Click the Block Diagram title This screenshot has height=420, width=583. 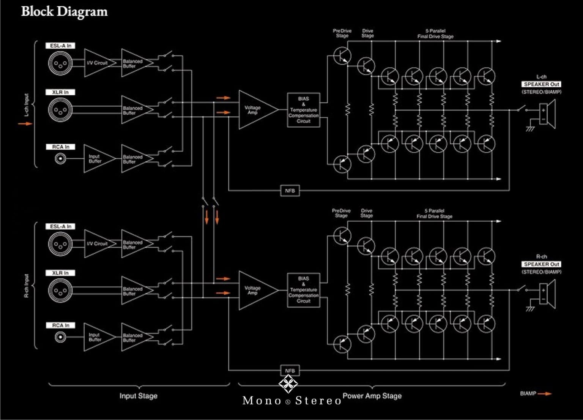(x=64, y=11)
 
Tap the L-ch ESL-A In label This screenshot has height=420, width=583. (x=61, y=46)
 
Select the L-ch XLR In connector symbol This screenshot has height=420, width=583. (x=60, y=110)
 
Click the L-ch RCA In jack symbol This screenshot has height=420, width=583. (x=60, y=158)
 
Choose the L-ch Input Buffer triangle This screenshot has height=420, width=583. (x=96, y=158)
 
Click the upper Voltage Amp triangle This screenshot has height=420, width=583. (x=255, y=110)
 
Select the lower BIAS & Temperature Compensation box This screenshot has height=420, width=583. (x=304, y=290)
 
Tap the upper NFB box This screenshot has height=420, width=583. (x=290, y=191)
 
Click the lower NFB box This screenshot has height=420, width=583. (x=290, y=371)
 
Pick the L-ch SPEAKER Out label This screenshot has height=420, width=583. (x=541, y=84)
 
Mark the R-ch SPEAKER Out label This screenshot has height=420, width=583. (x=541, y=264)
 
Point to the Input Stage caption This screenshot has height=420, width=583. (x=139, y=396)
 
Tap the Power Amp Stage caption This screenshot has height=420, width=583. (x=372, y=396)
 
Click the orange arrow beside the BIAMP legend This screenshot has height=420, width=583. (x=545, y=394)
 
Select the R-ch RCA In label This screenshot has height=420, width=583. (x=61, y=325)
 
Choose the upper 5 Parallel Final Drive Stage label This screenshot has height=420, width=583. (x=435, y=34)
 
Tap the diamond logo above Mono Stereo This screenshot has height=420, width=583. (x=288, y=384)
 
